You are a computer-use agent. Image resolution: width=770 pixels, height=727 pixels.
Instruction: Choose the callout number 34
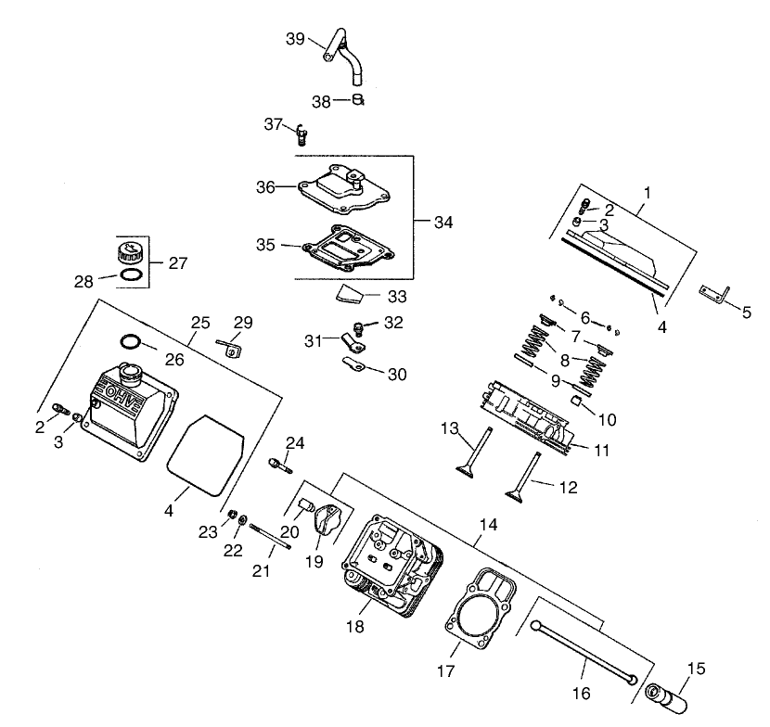(x=443, y=222)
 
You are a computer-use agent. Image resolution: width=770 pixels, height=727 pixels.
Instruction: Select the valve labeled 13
(x=472, y=452)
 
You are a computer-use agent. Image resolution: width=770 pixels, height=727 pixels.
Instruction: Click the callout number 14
(x=488, y=524)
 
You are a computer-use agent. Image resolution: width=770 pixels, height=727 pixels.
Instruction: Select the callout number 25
(x=201, y=322)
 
